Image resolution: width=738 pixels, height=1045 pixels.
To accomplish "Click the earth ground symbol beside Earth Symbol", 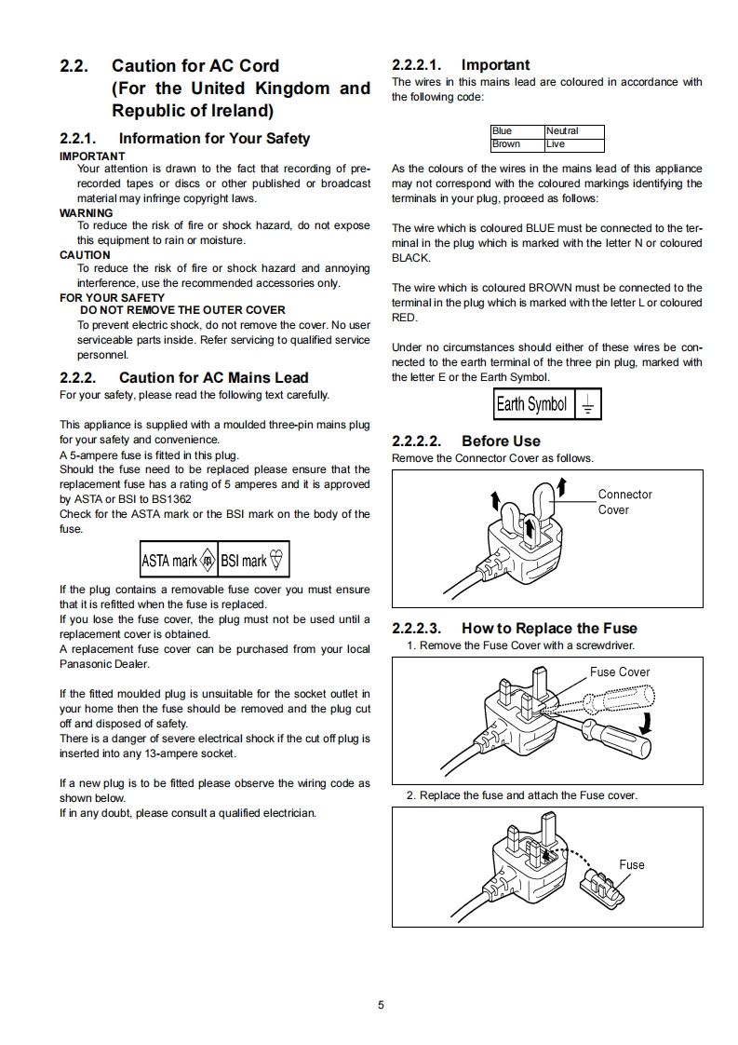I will point(587,405).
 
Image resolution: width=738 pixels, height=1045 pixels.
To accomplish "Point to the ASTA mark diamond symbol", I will point(208,561).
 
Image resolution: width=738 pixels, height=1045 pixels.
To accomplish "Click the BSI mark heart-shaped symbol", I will point(277,561).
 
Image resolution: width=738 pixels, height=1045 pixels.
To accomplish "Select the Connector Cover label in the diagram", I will point(624,502).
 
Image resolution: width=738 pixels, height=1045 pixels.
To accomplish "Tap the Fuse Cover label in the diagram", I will point(620,672).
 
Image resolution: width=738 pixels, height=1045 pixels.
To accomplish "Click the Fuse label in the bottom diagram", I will point(632,864).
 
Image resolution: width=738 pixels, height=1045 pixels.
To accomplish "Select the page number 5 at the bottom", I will point(381,1005).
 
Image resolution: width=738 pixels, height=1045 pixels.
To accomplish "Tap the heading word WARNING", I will point(87,212).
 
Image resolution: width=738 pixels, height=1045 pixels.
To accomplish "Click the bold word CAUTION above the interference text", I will point(85,255).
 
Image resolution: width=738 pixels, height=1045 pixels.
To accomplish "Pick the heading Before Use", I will point(501,441).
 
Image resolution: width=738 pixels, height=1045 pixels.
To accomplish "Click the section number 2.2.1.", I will point(79,139).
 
